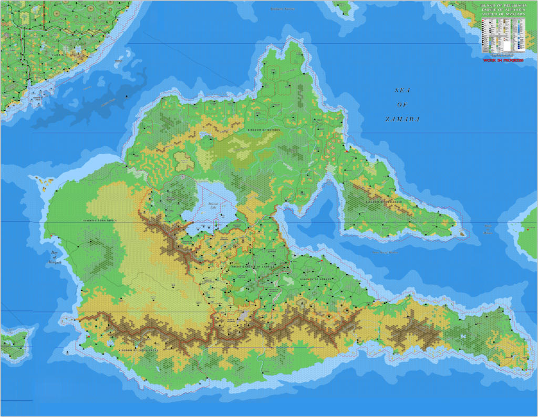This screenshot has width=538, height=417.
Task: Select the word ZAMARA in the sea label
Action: pos(402,120)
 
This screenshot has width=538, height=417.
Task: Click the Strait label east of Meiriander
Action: pos(489,228)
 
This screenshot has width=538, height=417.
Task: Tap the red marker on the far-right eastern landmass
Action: pos(527,230)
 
